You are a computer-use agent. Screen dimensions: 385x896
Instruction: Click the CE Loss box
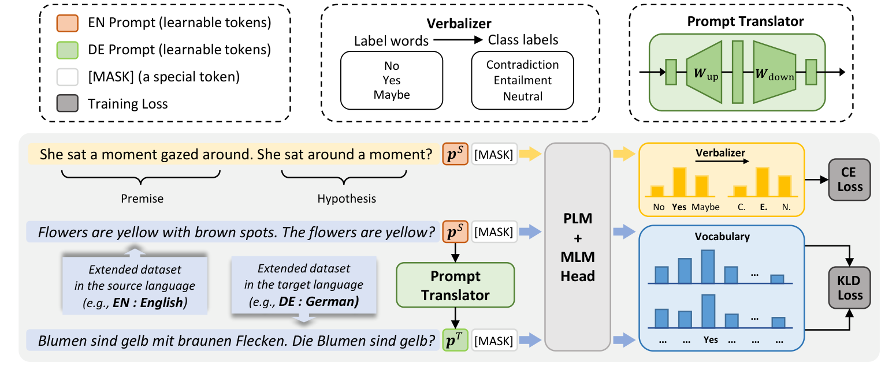(849, 180)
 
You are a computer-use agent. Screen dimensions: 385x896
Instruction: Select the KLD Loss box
(849, 289)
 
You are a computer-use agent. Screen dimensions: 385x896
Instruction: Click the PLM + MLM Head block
(578, 247)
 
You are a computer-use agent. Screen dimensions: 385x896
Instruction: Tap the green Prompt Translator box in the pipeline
(455, 285)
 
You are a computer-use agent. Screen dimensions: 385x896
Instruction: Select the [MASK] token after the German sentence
(494, 341)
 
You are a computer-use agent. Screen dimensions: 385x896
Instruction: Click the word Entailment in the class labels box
(522, 80)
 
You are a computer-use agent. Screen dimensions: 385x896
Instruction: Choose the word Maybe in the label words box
(391, 95)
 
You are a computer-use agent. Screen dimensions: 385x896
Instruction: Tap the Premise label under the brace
(142, 199)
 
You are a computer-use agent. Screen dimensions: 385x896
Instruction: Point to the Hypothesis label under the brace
(347, 199)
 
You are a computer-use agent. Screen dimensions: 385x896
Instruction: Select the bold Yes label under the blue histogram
(711, 340)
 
